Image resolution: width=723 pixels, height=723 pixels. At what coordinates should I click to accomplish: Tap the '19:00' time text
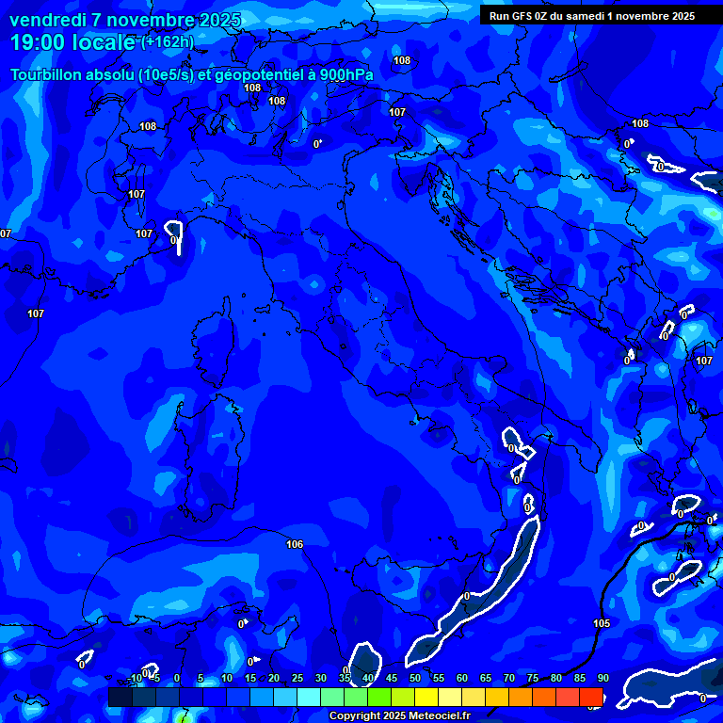[39, 42]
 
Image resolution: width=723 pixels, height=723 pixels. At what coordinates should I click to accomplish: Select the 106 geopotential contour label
[295, 544]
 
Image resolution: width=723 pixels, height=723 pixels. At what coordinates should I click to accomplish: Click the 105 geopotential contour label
[602, 623]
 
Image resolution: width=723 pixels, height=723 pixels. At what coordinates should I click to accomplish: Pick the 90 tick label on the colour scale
[602, 678]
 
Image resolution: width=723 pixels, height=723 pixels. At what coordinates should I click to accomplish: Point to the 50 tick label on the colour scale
[414, 678]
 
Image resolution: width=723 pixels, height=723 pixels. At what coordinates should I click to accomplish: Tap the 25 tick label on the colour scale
[297, 678]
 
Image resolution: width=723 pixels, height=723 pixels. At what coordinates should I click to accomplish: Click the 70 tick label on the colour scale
[508, 678]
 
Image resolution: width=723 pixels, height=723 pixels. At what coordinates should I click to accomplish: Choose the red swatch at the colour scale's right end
[591, 697]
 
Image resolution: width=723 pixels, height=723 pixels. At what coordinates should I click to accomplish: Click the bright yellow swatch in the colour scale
[426, 697]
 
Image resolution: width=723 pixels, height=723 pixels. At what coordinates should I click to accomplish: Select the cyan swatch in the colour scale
[309, 697]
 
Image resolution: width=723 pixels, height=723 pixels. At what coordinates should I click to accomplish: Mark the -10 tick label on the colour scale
[135, 678]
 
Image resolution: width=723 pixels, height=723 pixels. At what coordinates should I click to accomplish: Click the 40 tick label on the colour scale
[367, 678]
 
